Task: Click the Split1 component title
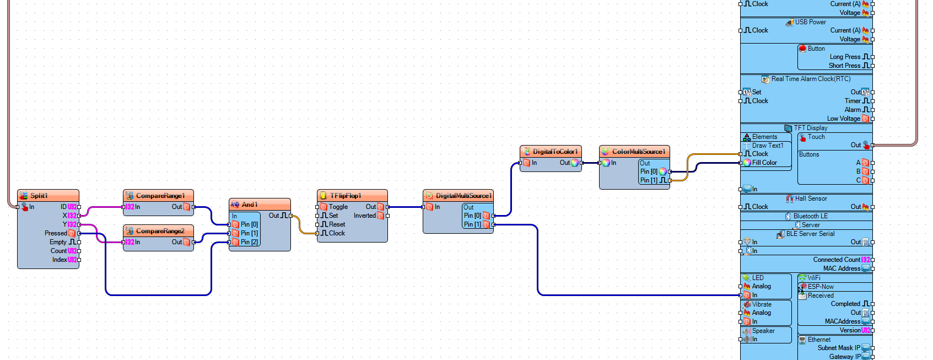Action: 39,196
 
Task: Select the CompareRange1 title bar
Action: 160,196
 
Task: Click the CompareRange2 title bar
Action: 160,231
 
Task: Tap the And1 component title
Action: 250,205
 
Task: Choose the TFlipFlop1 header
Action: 346,196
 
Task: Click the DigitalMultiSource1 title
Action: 463,196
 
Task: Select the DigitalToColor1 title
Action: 555,152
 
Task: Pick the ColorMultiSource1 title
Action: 638,152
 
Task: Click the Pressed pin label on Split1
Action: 56,233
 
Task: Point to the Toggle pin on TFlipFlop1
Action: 338,207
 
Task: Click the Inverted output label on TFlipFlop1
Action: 364,216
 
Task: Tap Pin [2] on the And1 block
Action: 249,242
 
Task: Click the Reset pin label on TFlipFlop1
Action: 337,224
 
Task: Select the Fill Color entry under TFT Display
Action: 764,163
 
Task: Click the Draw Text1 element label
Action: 767,146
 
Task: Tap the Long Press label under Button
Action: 845,57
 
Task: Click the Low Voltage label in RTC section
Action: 843,119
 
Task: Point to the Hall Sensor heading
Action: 811,198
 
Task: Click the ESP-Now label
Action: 821,287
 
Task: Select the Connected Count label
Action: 836,260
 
